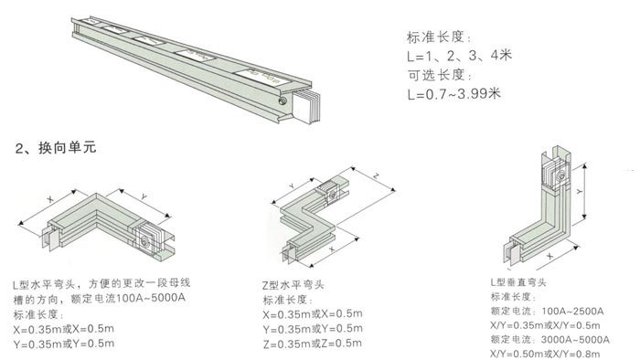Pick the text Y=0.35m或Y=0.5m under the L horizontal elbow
pyautogui.click(x=65, y=343)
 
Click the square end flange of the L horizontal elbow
pyautogui.click(x=145, y=240)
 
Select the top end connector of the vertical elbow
pyautogui.click(x=552, y=170)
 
